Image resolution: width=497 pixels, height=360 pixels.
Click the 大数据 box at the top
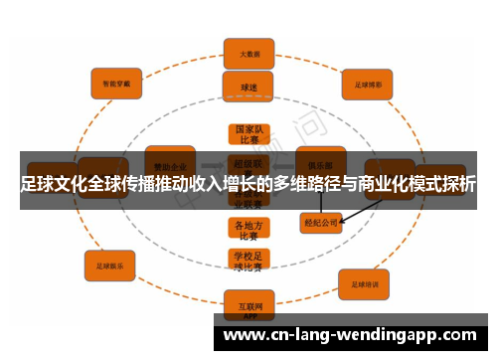click(248, 53)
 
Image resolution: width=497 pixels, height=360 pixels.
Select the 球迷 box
click(248, 87)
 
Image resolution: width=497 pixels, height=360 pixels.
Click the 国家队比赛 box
click(248, 135)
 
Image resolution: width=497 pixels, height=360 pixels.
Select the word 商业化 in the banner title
click(381, 184)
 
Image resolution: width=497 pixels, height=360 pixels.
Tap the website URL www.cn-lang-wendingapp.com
click(354, 334)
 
